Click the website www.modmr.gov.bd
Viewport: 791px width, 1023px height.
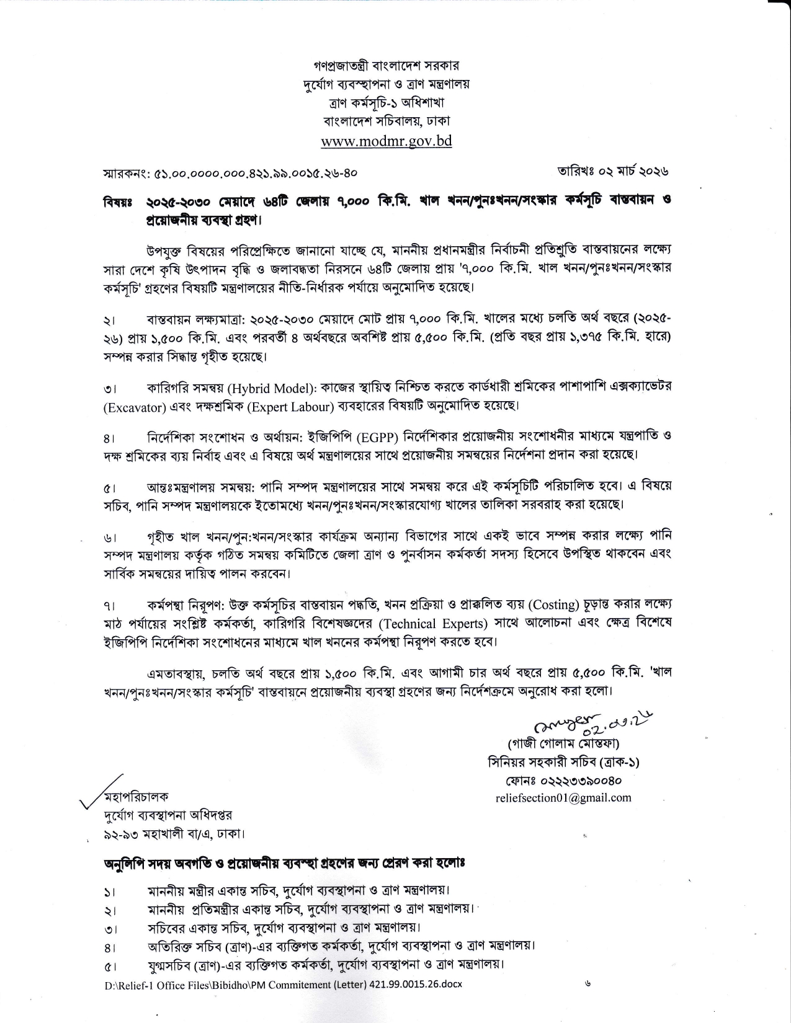(x=386, y=141)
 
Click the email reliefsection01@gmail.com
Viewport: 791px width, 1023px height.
(x=563, y=798)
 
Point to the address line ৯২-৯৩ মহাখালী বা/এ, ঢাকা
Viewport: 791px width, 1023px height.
(x=174, y=834)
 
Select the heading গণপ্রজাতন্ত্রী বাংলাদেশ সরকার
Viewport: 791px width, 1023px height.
(x=386, y=64)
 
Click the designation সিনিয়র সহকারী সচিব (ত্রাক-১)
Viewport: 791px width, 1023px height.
(x=563, y=762)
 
